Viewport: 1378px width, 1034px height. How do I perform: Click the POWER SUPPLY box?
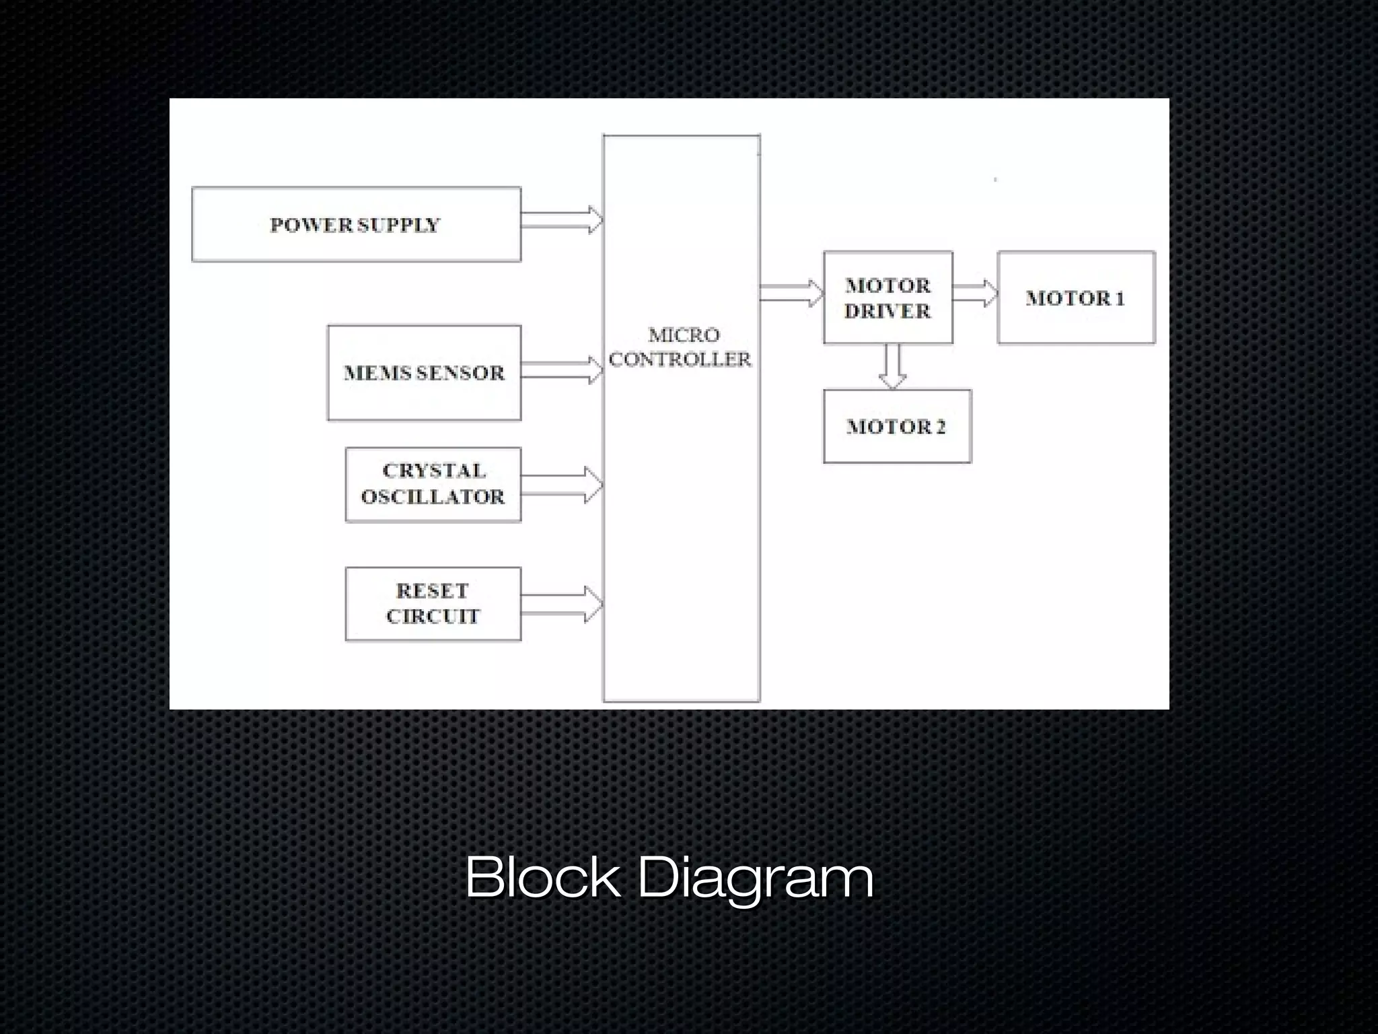tap(356, 224)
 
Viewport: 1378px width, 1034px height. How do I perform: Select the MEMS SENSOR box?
tap(424, 373)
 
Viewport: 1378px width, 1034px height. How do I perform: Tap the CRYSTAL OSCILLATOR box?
tap(433, 484)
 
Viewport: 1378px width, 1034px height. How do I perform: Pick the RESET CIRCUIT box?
tap(433, 604)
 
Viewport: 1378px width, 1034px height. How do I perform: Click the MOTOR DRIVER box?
tap(887, 298)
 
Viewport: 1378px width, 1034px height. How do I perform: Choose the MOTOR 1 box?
tap(1075, 298)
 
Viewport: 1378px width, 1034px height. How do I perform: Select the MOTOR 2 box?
tap(896, 426)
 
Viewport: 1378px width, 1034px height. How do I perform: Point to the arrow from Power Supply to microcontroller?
tap(562, 219)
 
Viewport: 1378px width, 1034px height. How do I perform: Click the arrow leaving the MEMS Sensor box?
tap(562, 370)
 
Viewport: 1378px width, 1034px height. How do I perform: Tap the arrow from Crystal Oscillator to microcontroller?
tap(562, 485)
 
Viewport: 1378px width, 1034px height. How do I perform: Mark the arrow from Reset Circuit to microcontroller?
tap(562, 604)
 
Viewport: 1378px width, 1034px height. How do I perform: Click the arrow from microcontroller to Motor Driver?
tap(791, 293)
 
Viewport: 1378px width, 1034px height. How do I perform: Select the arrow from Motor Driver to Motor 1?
tap(975, 293)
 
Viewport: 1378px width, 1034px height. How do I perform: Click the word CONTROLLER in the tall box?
tap(680, 359)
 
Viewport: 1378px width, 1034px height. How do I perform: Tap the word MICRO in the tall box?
tap(684, 335)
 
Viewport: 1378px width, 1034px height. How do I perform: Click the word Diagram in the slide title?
tap(755, 876)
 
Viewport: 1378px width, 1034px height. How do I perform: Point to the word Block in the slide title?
tap(542, 876)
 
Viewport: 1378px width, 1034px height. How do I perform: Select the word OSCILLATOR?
tap(433, 497)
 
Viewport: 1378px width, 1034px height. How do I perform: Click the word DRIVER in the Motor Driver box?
tap(887, 311)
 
